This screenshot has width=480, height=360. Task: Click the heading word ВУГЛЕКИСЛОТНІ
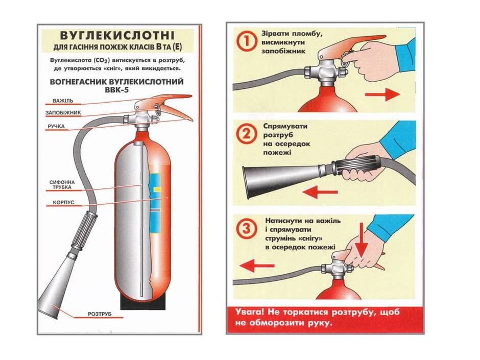point(117,36)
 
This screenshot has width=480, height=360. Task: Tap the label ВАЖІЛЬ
point(63,101)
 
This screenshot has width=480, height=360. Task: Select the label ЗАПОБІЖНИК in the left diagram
point(63,113)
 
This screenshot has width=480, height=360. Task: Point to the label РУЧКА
point(56,126)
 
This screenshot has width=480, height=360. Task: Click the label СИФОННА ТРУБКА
point(62,184)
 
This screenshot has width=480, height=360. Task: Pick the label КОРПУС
point(63,202)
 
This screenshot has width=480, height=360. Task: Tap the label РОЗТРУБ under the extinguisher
point(100,314)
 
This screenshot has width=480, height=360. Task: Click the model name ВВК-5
point(116,90)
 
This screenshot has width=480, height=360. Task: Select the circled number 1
point(247,41)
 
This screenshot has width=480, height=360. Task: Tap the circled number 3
point(247,229)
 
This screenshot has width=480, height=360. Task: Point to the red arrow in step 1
point(382,94)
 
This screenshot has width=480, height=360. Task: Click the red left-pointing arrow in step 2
point(320,192)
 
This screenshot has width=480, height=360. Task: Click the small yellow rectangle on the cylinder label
point(157,189)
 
